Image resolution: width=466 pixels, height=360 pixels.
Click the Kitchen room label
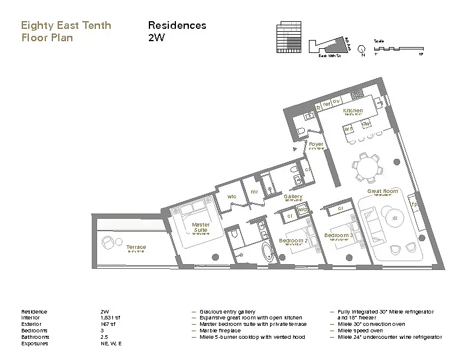(353, 111)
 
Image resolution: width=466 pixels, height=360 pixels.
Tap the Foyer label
(316, 144)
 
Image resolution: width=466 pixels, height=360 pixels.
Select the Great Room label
(382, 191)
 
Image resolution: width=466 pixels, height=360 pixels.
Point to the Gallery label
(293, 196)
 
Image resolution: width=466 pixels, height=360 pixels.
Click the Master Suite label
(200, 227)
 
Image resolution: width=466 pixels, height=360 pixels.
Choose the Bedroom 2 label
(292, 241)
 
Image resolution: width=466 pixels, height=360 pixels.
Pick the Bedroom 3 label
(339, 235)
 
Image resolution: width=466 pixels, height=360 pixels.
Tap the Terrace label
(135, 247)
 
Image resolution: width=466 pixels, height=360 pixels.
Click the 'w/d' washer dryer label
(302, 209)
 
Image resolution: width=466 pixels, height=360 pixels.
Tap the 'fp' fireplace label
(414, 204)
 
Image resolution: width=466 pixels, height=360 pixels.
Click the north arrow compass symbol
(363, 49)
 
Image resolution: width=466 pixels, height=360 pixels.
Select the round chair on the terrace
(108, 242)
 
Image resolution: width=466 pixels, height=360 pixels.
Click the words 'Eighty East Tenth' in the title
(65, 25)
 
